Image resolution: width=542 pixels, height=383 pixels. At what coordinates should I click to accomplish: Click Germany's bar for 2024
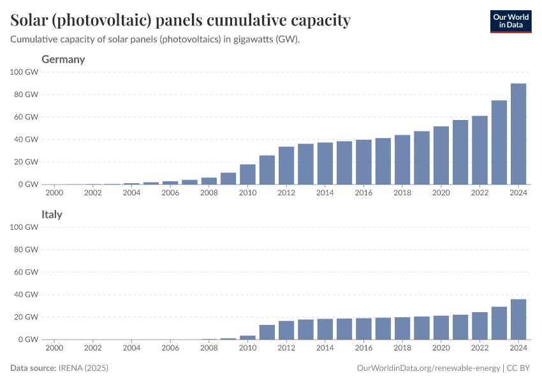coord(518,134)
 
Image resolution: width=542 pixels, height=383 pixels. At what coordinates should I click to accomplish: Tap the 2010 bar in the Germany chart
coord(247,174)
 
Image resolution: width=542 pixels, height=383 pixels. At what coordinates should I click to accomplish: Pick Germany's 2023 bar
coord(499,142)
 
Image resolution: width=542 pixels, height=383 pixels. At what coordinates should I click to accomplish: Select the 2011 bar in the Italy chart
coord(267,332)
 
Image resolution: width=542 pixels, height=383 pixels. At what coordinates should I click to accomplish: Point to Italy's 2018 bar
coord(402,328)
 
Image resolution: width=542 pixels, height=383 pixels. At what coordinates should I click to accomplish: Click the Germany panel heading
coord(63,59)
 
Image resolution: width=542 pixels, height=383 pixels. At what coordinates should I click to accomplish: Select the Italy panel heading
coord(52,214)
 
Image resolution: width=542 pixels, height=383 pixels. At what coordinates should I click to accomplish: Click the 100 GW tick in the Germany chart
coord(24,72)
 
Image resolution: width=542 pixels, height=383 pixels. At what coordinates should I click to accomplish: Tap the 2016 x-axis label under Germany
coord(363,192)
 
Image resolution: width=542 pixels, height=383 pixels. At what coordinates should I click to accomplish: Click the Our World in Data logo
coord(510,20)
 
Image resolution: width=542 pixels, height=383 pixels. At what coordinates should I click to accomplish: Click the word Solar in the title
coord(31,20)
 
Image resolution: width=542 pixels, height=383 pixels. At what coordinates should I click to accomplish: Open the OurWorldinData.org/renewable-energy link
coord(428,368)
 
